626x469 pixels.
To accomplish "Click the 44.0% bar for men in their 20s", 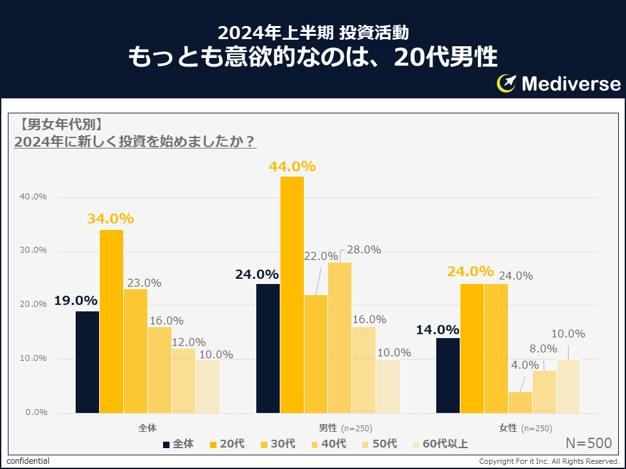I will [x=291, y=294].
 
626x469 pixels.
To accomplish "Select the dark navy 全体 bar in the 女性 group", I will [x=447, y=375].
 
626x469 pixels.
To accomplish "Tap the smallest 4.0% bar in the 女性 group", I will [x=520, y=402].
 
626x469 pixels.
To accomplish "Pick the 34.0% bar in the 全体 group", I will [x=112, y=321].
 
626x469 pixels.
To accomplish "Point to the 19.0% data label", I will [x=76, y=301].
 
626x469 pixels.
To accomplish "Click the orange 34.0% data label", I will [x=110, y=218].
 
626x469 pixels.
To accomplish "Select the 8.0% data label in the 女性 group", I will [x=543, y=348].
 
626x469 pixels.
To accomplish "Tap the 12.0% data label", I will [x=188, y=342].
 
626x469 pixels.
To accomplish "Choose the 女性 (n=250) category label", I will [x=525, y=428].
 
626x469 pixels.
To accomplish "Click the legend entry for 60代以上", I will [x=440, y=444].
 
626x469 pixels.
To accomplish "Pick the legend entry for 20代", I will [x=226, y=444].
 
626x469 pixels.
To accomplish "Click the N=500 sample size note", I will [x=588, y=444].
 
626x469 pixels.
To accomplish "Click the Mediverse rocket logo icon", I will [x=507, y=83].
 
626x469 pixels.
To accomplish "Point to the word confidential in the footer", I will [x=27, y=461].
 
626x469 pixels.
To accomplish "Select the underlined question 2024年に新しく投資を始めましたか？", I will [x=134, y=142].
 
